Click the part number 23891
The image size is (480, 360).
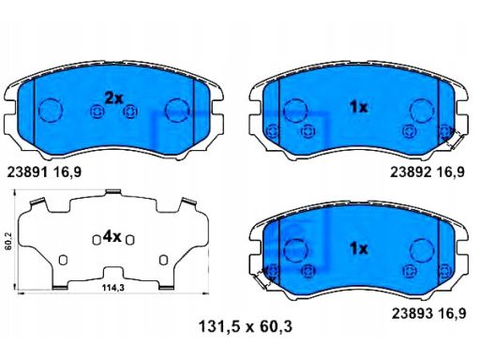(27, 172)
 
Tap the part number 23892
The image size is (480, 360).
(411, 172)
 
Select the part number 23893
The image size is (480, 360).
(412, 313)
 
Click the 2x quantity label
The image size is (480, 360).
(113, 98)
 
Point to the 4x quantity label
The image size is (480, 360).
(112, 237)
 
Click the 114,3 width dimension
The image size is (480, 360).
(113, 288)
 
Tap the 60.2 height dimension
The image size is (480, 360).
(8, 240)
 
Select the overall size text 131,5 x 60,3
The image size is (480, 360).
(246, 327)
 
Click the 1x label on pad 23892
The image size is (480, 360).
(359, 108)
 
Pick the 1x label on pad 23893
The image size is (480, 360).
(359, 248)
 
